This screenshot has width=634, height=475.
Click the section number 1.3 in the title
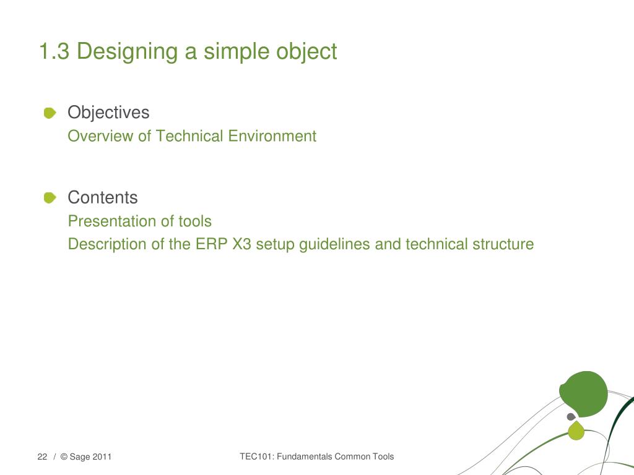54,51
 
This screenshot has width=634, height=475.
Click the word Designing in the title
127,52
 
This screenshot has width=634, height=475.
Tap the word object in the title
306,52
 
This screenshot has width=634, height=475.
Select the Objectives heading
108,113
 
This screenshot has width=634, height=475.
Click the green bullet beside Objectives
50,113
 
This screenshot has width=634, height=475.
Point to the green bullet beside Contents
50,198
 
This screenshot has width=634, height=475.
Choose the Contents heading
103,198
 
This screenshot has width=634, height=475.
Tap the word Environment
272,136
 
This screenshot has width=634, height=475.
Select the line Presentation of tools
139,221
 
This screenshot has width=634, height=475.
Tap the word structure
503,244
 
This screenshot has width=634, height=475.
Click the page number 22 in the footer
42,457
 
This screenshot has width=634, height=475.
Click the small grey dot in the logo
571,417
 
